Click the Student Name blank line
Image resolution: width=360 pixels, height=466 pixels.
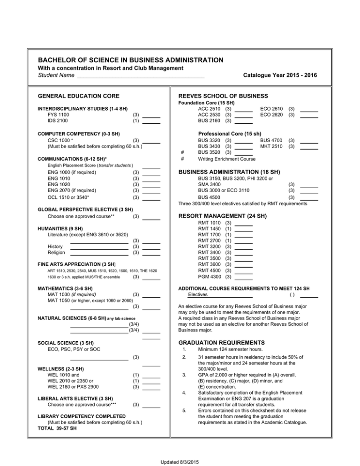(141, 76)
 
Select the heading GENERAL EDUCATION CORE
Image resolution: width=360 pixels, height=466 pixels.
(78, 96)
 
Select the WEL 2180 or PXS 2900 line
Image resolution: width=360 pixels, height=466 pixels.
(73, 386)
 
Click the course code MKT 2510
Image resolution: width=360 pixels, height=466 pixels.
(271, 146)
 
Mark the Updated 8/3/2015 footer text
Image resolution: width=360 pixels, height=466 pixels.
(180, 462)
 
